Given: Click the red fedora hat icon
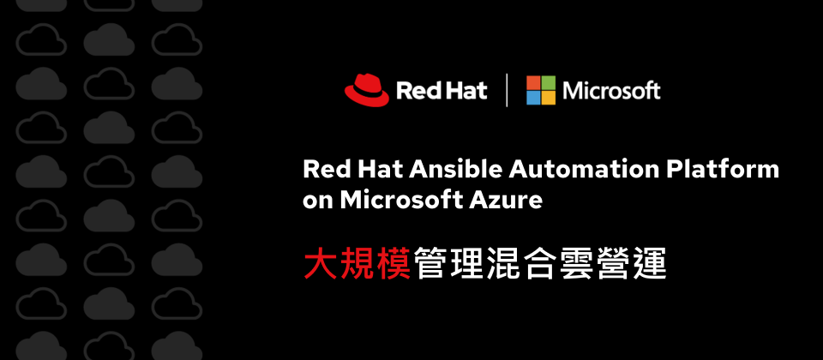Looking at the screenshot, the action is (367, 90).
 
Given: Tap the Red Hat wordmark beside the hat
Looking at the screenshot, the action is (442, 91).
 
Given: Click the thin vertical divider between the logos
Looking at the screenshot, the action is (507, 90).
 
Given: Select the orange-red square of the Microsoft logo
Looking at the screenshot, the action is (533, 82).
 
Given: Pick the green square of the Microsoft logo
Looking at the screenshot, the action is (549, 82).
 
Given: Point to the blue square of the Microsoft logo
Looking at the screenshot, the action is (533, 98).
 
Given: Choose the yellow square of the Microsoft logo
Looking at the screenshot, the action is (549, 98).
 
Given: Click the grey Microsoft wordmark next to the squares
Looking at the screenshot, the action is (611, 91).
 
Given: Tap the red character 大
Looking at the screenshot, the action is (321, 263).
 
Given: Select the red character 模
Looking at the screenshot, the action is (393, 263).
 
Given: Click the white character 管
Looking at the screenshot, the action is (430, 263).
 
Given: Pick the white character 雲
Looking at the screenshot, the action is (577, 263).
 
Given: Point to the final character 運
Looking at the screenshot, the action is (650, 263).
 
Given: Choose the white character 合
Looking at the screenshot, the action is (540, 263).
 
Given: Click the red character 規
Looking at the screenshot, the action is (357, 263).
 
